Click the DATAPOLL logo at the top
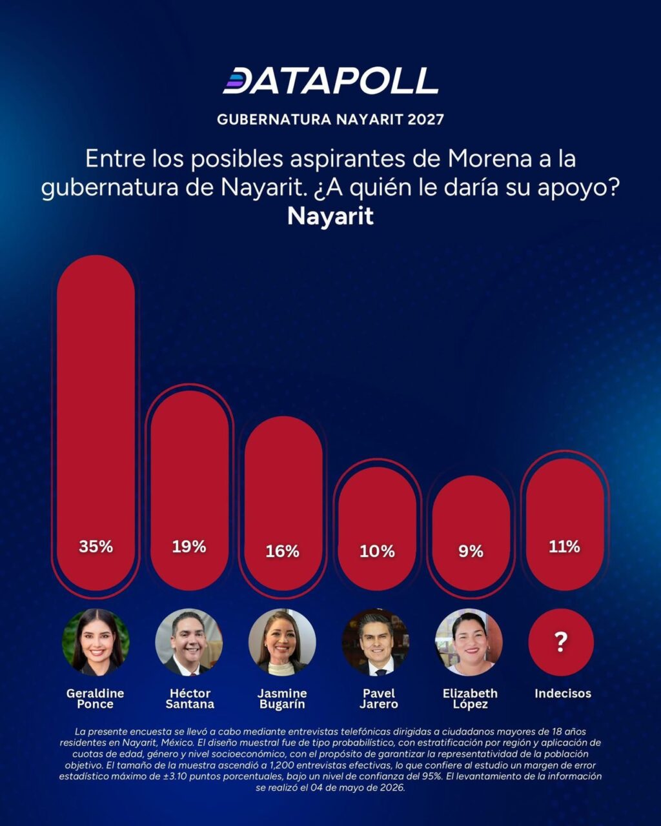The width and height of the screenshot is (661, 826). point(330,81)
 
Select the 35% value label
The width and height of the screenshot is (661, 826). point(96,546)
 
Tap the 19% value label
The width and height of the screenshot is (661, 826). point(189,547)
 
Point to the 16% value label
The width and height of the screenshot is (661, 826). point(283,552)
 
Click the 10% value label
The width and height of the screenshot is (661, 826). point(377,552)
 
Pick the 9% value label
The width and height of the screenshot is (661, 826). point(471,552)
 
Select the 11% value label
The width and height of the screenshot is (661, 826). point(564,547)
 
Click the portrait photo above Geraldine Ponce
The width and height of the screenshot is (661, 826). point(96,642)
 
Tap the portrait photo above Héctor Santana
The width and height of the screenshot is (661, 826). point(189,642)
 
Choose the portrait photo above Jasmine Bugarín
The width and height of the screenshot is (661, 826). point(282,642)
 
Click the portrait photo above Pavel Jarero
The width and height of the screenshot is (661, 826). point(376,642)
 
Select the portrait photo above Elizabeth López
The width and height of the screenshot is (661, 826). point(469,642)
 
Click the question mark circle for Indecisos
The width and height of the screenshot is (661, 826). point(561,642)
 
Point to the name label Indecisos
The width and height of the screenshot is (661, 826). point(563,693)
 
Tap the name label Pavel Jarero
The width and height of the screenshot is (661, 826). point(379,699)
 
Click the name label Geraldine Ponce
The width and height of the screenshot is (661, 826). point(96,699)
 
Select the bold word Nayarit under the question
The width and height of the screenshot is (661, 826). point(330,216)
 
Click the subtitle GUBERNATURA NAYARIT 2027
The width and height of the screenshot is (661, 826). point(330,119)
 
